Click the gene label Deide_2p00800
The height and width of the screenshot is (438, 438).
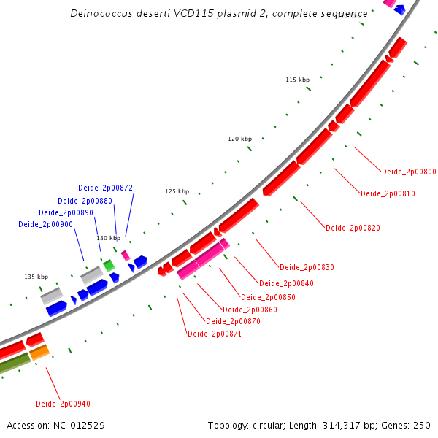coord(409,172)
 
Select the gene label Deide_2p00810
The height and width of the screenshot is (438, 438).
coord(388,193)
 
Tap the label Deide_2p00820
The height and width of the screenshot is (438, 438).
coord(353,228)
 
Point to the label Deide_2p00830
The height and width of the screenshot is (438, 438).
coord(307,267)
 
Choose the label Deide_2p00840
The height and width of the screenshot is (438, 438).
coord(286,283)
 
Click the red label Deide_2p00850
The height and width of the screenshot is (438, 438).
coord(268,297)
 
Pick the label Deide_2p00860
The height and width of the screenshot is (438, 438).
coord(250,310)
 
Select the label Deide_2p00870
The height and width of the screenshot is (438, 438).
coord(233,321)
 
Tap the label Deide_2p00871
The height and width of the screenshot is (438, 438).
coord(215,334)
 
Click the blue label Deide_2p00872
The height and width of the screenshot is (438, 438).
coord(106,188)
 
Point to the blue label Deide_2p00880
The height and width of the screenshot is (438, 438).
coord(85,201)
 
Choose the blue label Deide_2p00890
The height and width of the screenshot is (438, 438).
coord(66,212)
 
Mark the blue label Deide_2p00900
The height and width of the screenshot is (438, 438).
coord(46,224)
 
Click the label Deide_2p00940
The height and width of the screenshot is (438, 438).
coord(63,404)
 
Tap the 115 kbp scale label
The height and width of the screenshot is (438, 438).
coord(298,79)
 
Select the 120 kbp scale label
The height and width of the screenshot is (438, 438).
coord(239,139)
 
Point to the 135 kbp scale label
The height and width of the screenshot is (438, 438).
coord(36,277)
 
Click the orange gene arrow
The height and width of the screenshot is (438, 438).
coord(39,353)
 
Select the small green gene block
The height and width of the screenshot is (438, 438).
coord(109,265)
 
